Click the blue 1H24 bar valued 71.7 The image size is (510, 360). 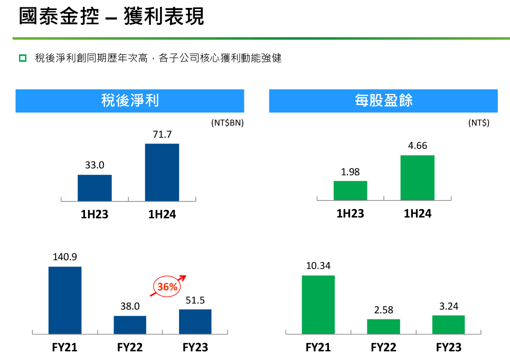(162, 172)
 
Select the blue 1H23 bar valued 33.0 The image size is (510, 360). (95, 187)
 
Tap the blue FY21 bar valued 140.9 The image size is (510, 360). (65, 300)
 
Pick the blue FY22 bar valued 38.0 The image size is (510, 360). (130, 325)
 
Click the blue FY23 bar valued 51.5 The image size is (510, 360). (195, 321)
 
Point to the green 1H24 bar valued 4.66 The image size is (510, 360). (417, 178)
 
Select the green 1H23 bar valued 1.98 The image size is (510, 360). (350, 191)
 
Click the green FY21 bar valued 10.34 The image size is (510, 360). (318, 305)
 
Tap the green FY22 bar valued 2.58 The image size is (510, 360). (383, 326)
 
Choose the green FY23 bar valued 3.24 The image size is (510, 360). (448, 325)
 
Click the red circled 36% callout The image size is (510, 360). (167, 287)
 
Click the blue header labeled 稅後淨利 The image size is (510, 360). (130, 101)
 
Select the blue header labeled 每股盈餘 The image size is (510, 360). (383, 101)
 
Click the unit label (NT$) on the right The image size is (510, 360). (478, 123)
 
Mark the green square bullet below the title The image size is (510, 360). (23, 58)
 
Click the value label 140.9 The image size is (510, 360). (65, 257)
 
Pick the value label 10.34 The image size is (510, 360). (318, 266)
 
